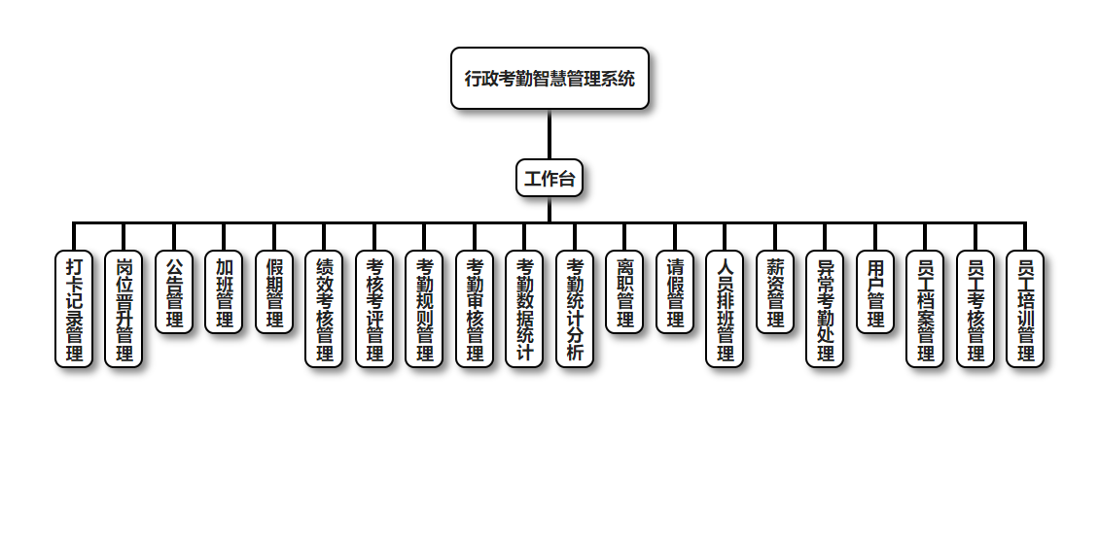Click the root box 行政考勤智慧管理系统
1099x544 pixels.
tap(549, 79)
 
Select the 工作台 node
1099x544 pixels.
tap(549, 179)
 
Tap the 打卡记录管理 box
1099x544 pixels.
tap(74, 309)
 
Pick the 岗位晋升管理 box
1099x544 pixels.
tap(124, 309)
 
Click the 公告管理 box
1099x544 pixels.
tap(174, 292)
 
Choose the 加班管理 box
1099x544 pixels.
tap(225, 292)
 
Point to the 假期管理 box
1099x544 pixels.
tap(274, 292)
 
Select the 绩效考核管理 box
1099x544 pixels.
tap(325, 309)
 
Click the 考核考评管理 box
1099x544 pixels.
tap(374, 309)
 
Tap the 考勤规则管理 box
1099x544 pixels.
tap(425, 309)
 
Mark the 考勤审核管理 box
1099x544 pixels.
tap(475, 309)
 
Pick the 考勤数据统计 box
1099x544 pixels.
tap(525, 309)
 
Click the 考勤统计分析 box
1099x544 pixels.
tap(575, 309)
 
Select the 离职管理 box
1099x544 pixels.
tap(625, 292)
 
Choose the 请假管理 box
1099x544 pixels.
tap(675, 292)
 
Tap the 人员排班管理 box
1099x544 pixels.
tap(726, 309)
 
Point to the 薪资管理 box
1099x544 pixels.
tap(775, 292)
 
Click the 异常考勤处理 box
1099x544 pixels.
tap(826, 309)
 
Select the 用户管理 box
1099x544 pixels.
tap(875, 292)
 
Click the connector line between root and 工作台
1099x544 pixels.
tap(549, 135)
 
